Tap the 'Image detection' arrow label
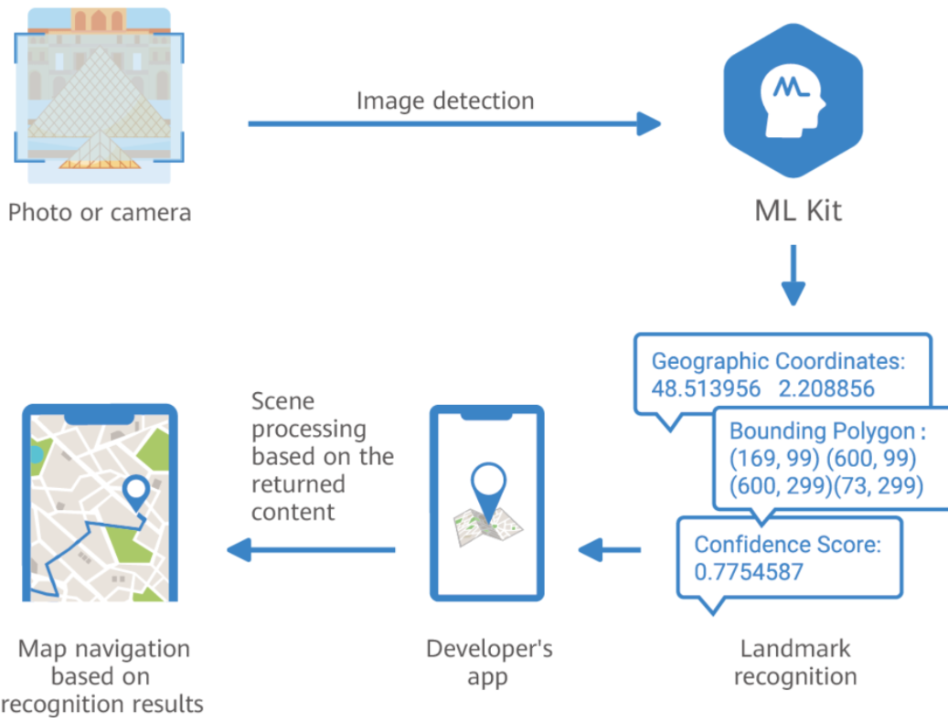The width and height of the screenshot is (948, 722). click(x=445, y=100)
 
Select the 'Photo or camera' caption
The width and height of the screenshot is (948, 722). click(x=100, y=213)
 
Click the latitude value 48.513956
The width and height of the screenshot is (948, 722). click(x=706, y=388)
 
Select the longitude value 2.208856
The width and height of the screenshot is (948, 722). click(x=826, y=388)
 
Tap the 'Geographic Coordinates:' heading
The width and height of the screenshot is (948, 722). click(x=778, y=361)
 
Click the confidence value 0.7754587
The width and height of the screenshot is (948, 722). click(x=749, y=572)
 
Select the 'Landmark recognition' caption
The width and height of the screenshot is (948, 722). click(x=794, y=663)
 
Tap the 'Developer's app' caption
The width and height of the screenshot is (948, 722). click(x=489, y=663)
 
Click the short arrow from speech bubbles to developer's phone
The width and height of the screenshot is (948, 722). click(x=610, y=550)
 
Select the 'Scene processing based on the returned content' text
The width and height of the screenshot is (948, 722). click(x=322, y=456)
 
